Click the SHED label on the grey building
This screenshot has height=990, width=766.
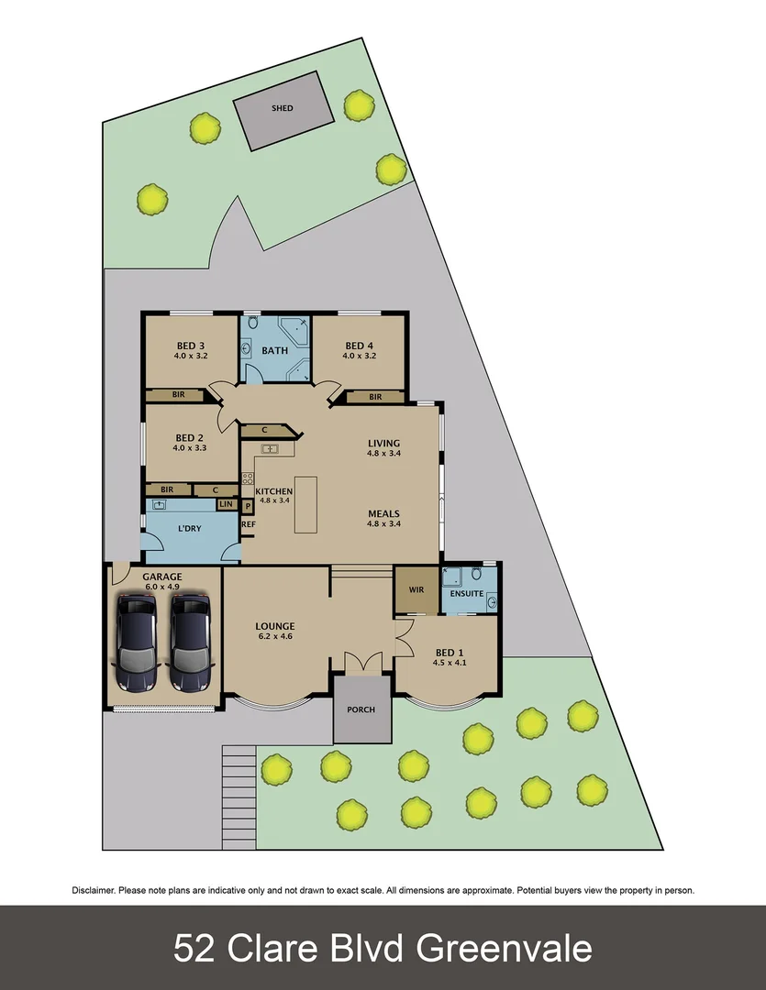click(283, 108)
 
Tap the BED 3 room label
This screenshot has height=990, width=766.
click(190, 346)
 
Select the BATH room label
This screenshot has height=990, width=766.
click(275, 350)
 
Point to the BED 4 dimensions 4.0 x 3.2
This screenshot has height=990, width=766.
click(358, 356)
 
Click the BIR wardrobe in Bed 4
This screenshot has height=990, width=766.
click(376, 397)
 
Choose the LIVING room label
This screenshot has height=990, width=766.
click(383, 444)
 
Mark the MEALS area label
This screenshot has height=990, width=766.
click(383, 513)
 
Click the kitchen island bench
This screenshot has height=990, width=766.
click(305, 504)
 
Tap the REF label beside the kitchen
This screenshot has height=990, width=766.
click(249, 524)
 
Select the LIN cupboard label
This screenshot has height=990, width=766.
click(226, 505)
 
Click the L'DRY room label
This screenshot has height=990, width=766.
click(189, 529)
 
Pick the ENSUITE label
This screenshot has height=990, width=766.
click(466, 594)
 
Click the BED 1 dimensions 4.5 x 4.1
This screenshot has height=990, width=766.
click(450, 664)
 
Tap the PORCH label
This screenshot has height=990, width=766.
click(361, 709)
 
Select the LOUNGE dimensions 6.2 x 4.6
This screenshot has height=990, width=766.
click(275, 637)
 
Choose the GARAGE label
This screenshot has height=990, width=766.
click(162, 577)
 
